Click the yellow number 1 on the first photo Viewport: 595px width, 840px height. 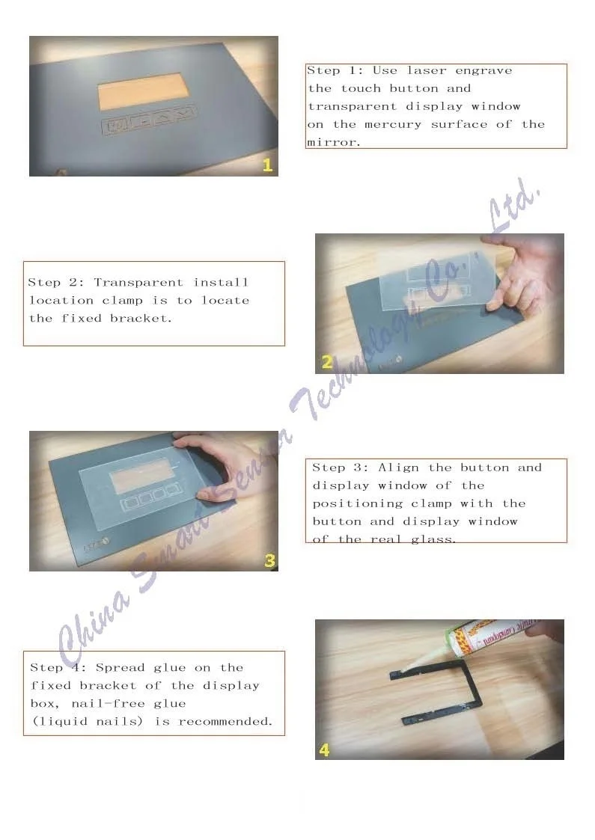267,165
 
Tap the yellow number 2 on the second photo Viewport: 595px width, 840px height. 327,362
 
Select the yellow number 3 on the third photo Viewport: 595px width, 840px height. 269,560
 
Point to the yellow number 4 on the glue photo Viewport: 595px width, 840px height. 324,749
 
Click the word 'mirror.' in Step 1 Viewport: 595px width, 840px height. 333,143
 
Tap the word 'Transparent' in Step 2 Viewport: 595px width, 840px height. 138,282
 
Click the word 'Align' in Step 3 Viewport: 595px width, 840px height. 398,467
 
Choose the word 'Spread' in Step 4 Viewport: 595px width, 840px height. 120,668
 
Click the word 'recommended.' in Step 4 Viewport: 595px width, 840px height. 226,722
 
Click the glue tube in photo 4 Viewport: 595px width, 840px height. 483,640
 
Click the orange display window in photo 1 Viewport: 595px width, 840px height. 143,91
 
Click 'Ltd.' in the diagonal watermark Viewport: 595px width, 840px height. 513,206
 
